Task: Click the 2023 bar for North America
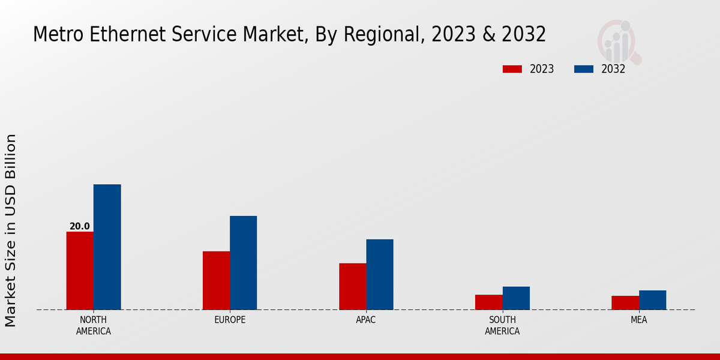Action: (x=80, y=271)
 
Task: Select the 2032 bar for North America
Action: (x=107, y=247)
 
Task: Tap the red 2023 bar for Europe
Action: (x=216, y=280)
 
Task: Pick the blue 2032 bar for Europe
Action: (x=244, y=263)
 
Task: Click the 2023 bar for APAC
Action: (x=352, y=286)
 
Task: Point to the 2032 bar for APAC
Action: (x=380, y=274)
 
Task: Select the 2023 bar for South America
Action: (x=488, y=302)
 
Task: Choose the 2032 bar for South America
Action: (x=516, y=298)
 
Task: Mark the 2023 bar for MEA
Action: (x=625, y=302)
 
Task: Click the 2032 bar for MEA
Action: (x=652, y=300)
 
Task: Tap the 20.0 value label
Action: (x=80, y=226)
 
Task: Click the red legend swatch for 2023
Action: (x=512, y=69)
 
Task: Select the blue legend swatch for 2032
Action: (x=584, y=69)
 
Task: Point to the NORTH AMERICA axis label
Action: (x=94, y=325)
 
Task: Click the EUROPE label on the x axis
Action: (x=230, y=320)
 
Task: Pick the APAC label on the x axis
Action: (x=366, y=320)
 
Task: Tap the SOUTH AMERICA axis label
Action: (x=502, y=325)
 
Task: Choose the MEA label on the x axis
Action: (x=638, y=320)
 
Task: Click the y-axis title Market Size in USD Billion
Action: (x=11, y=230)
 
